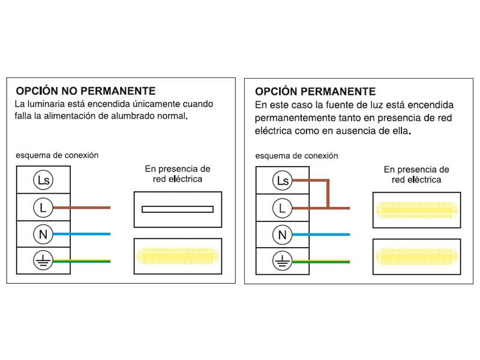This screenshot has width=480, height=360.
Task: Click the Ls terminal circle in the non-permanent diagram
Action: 43,180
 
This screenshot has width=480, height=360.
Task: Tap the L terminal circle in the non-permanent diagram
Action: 43,208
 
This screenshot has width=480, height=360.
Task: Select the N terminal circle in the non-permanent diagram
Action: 43,234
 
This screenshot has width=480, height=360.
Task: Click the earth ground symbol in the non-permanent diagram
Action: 43,260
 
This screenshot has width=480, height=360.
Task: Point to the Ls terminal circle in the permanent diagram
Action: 283,181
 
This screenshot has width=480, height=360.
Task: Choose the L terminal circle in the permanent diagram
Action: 283,208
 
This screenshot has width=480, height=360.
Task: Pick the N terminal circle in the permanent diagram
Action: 283,235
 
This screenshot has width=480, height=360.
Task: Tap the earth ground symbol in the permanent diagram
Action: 283,261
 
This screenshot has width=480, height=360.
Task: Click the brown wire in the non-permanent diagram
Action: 82,208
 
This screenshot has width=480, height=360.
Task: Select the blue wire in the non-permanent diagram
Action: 82,234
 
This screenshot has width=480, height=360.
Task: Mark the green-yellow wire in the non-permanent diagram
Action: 82,261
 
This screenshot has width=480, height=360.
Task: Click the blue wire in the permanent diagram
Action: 321,235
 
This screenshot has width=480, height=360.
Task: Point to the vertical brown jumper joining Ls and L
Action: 328,194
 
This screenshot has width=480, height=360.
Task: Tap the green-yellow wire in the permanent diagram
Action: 321,262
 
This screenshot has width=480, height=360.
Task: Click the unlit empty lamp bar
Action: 178,209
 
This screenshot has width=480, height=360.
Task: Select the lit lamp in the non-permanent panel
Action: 178,256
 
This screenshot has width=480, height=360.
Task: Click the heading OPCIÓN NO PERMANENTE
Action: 86,91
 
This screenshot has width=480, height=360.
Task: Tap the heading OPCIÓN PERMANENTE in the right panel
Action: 316,92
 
